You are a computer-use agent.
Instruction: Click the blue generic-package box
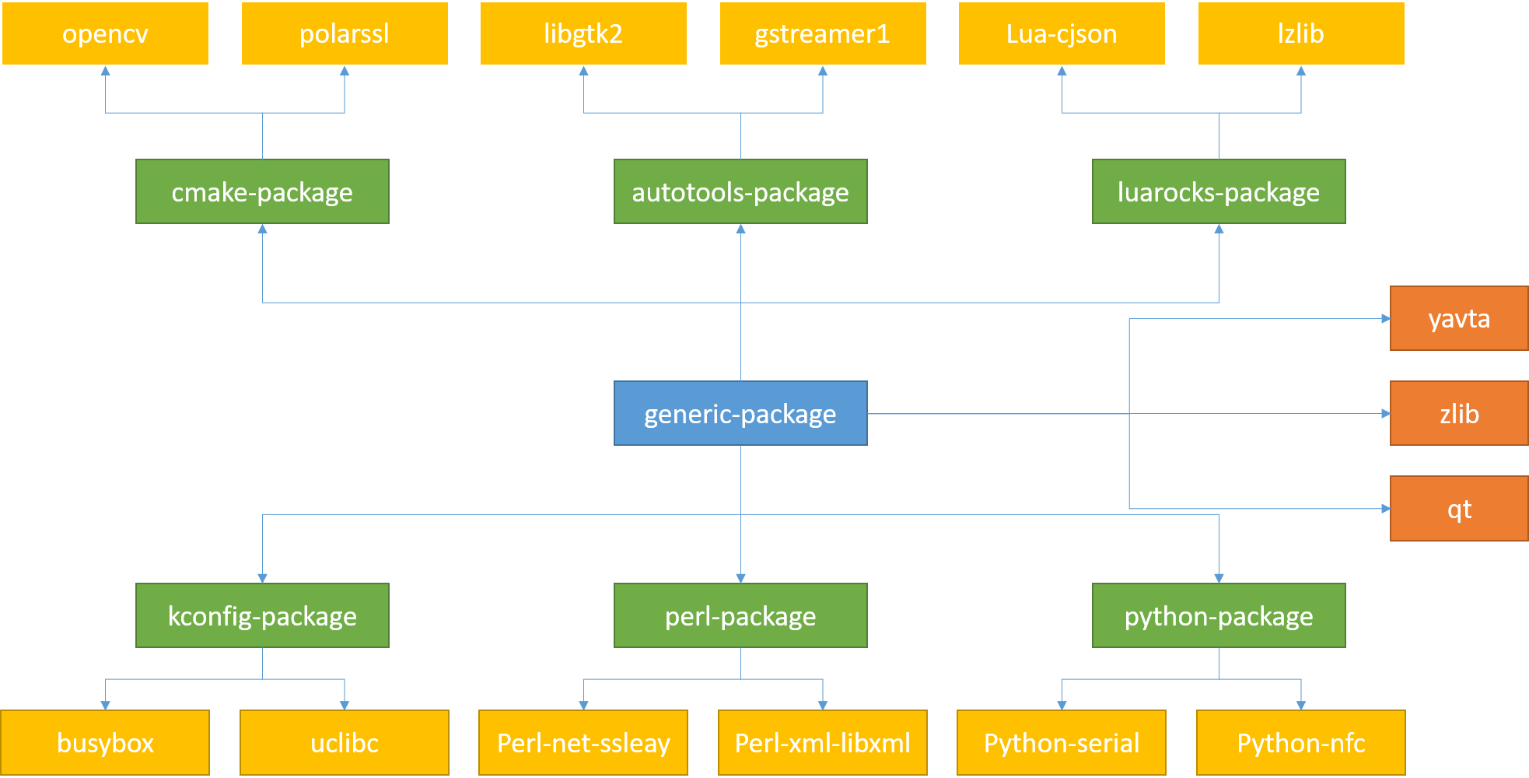tap(740, 413)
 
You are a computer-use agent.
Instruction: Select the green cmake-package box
tap(262, 191)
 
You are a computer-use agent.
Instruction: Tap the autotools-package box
tap(740, 191)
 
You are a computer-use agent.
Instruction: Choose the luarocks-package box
tap(1219, 191)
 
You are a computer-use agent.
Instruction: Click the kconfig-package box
tap(262, 615)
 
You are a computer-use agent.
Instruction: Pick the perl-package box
tap(740, 615)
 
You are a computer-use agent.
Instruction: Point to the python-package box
tap(1219, 615)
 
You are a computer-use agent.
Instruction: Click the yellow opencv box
tap(105, 33)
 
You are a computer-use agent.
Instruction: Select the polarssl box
tap(345, 33)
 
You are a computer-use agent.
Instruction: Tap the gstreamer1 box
tap(823, 33)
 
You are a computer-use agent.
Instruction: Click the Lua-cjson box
tap(1062, 33)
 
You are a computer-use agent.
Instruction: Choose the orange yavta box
tap(1459, 318)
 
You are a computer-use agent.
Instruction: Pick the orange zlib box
tap(1459, 413)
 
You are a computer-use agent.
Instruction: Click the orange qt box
tap(1459, 509)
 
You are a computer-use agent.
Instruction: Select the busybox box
tap(105, 742)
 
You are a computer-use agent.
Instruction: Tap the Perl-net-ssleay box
tap(583, 742)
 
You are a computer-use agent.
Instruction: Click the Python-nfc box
tap(1301, 742)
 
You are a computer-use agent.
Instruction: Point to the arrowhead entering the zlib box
tap(1385, 413)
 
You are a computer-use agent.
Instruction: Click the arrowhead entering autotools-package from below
tap(740, 230)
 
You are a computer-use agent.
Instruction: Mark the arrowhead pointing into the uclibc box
tap(345, 705)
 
